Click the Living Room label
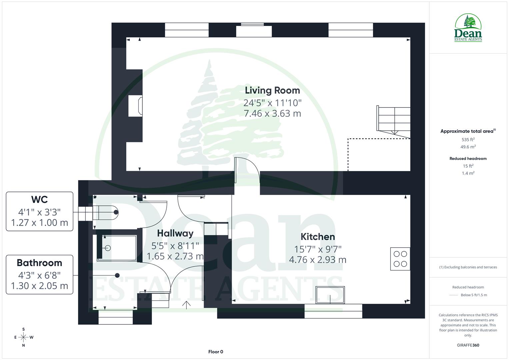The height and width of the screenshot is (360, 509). click(x=272, y=90)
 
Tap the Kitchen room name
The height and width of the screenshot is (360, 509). click(x=317, y=237)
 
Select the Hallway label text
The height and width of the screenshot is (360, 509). click(x=175, y=233)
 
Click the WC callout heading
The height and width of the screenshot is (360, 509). click(x=39, y=200)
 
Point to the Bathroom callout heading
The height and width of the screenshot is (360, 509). click(x=39, y=263)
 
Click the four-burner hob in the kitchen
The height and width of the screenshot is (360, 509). click(x=400, y=259)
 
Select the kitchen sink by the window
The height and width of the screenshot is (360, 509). click(x=330, y=295)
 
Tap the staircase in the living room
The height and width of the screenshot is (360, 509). click(x=394, y=119)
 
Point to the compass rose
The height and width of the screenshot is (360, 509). click(x=23, y=337)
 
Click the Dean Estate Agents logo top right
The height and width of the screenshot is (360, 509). click(x=468, y=28)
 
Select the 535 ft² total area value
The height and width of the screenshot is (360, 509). click(x=468, y=140)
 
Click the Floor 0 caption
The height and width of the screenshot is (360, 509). click(x=215, y=352)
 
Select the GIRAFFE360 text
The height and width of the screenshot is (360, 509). click(x=468, y=345)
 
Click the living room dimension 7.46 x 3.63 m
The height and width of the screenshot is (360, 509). click(x=272, y=114)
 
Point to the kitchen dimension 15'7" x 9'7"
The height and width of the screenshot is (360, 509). click(x=317, y=249)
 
